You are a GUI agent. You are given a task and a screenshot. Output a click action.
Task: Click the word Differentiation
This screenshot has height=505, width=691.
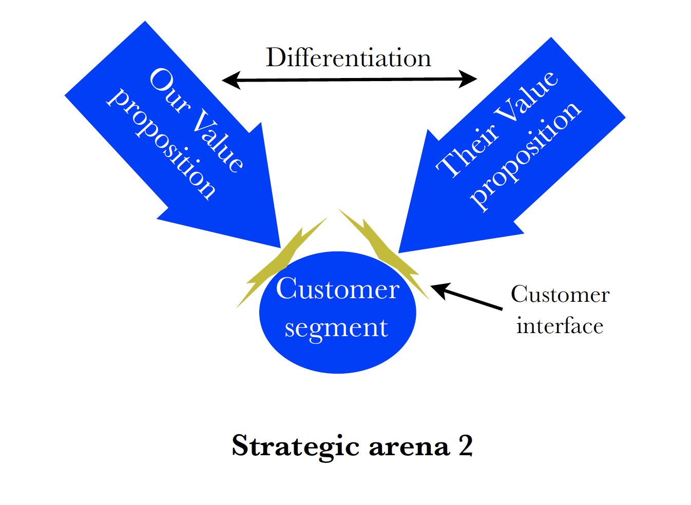[348, 57]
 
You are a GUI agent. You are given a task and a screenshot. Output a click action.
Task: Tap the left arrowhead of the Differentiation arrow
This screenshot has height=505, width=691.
[231, 80]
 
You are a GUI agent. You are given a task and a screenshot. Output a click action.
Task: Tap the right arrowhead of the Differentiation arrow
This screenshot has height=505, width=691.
[468, 79]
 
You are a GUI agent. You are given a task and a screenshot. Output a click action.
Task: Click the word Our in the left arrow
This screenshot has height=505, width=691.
[169, 89]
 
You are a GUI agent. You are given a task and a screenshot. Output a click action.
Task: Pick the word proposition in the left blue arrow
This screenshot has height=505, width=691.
[162, 144]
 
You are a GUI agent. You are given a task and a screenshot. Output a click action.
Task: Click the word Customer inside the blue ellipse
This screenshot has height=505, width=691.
[337, 289]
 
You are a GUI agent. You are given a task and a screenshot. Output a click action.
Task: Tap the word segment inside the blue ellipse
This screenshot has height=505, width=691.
[336, 327]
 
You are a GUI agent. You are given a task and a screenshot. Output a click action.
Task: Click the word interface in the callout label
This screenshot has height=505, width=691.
[560, 326]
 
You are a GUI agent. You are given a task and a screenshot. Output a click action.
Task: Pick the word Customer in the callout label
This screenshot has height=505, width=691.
[560, 295]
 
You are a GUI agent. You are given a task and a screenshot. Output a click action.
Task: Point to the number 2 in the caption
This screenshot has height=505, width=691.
[465, 445]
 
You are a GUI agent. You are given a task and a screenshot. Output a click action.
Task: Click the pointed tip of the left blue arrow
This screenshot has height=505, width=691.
[279, 246]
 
